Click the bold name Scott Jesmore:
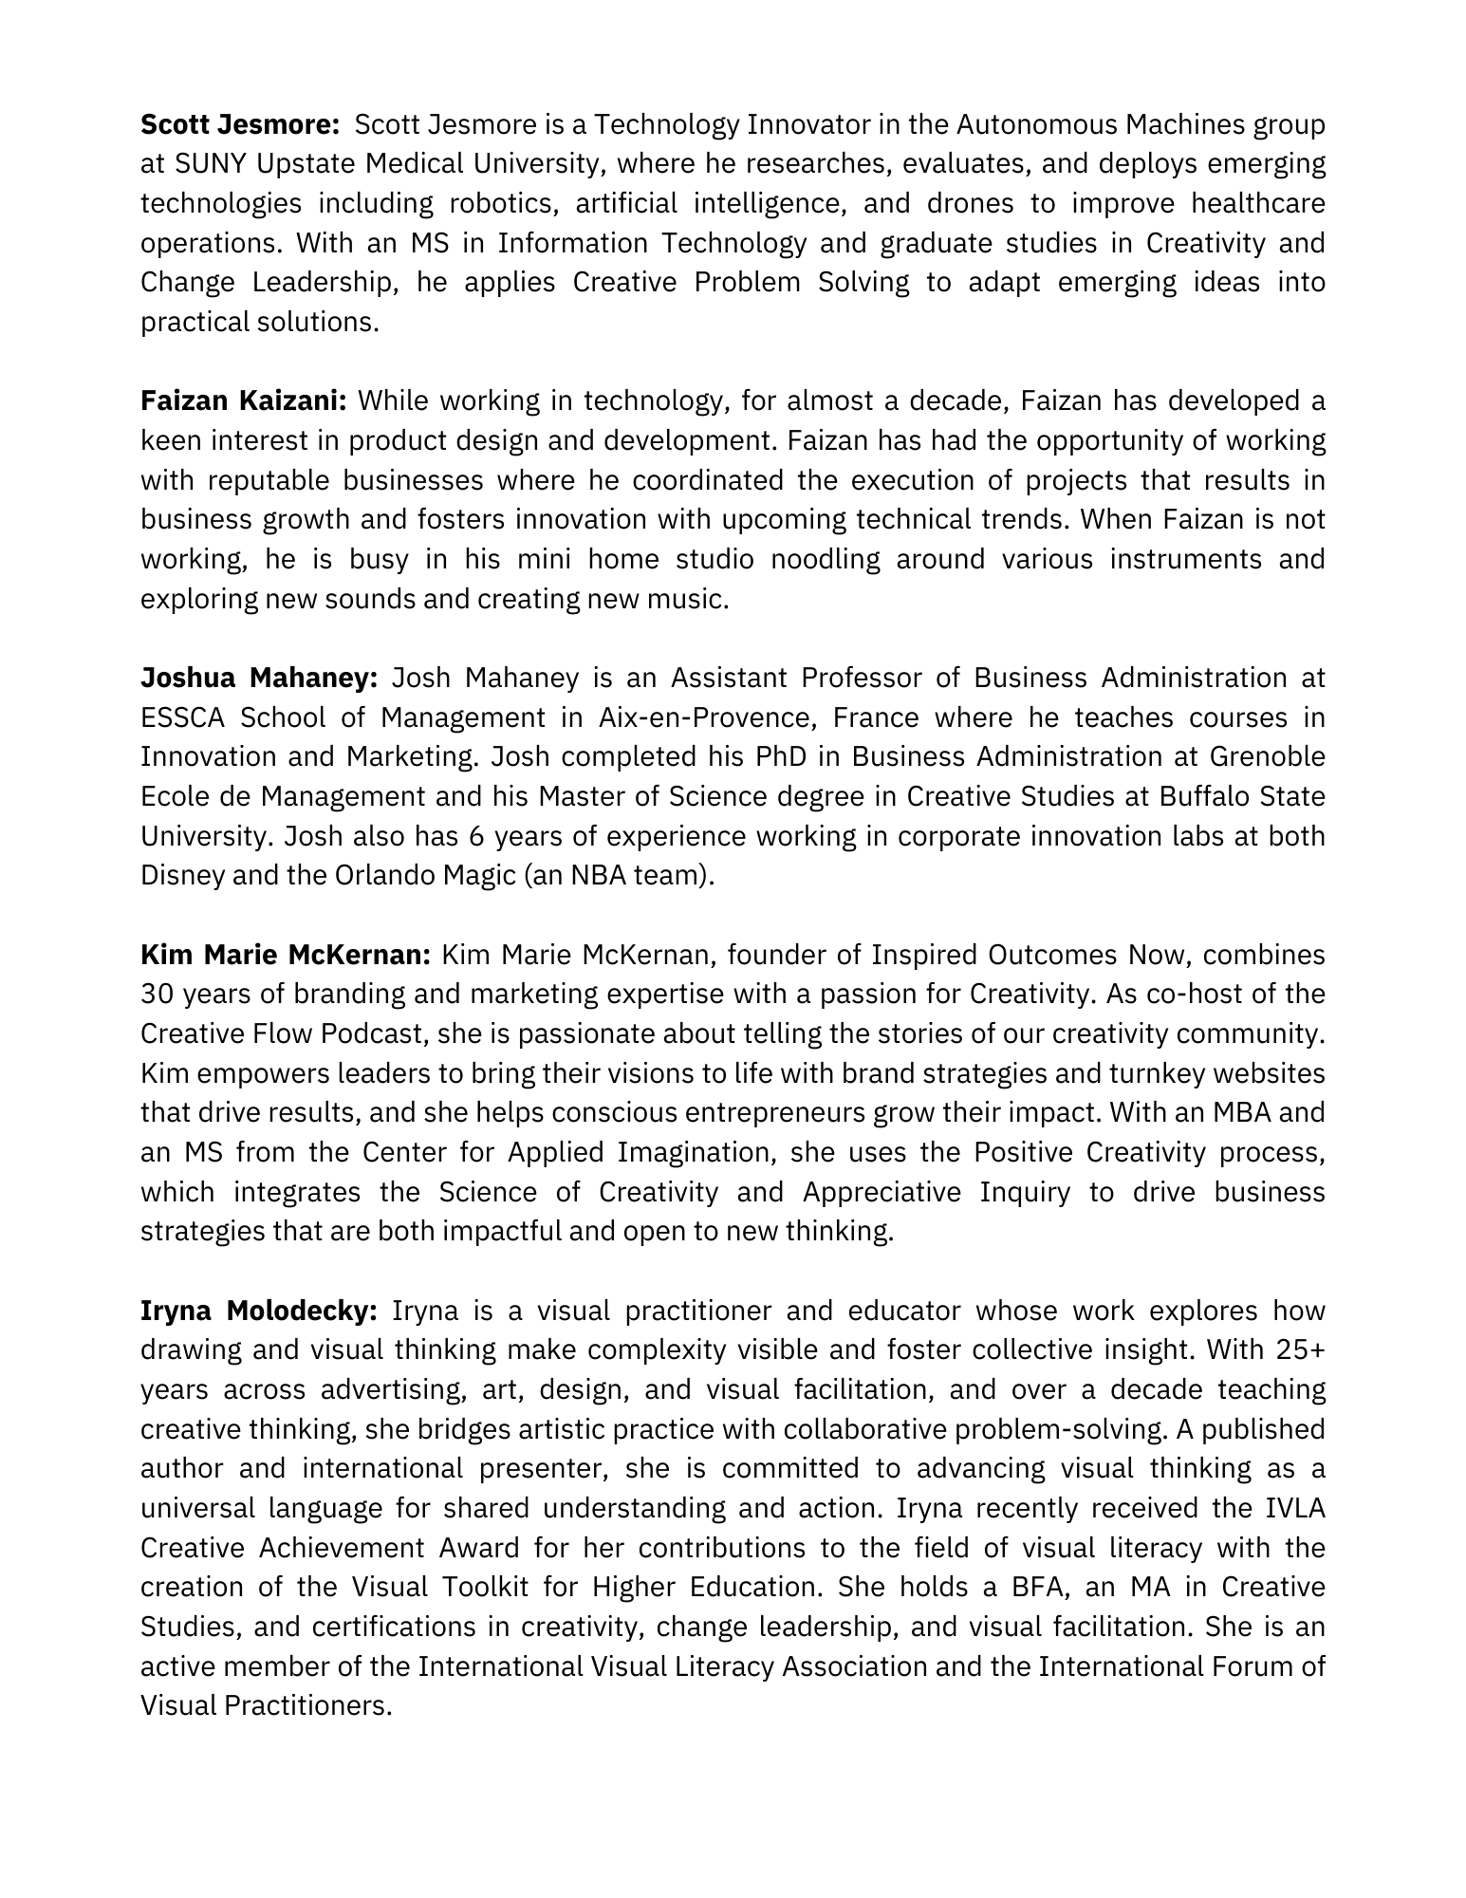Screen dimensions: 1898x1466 click(x=240, y=124)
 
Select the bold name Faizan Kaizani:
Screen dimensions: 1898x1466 click(x=244, y=401)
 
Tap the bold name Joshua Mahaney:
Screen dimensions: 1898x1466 click(x=259, y=678)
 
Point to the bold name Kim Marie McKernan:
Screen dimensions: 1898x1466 click(x=287, y=954)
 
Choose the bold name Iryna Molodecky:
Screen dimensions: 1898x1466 click(x=259, y=1311)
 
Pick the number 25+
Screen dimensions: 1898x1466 click(x=1300, y=1349)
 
